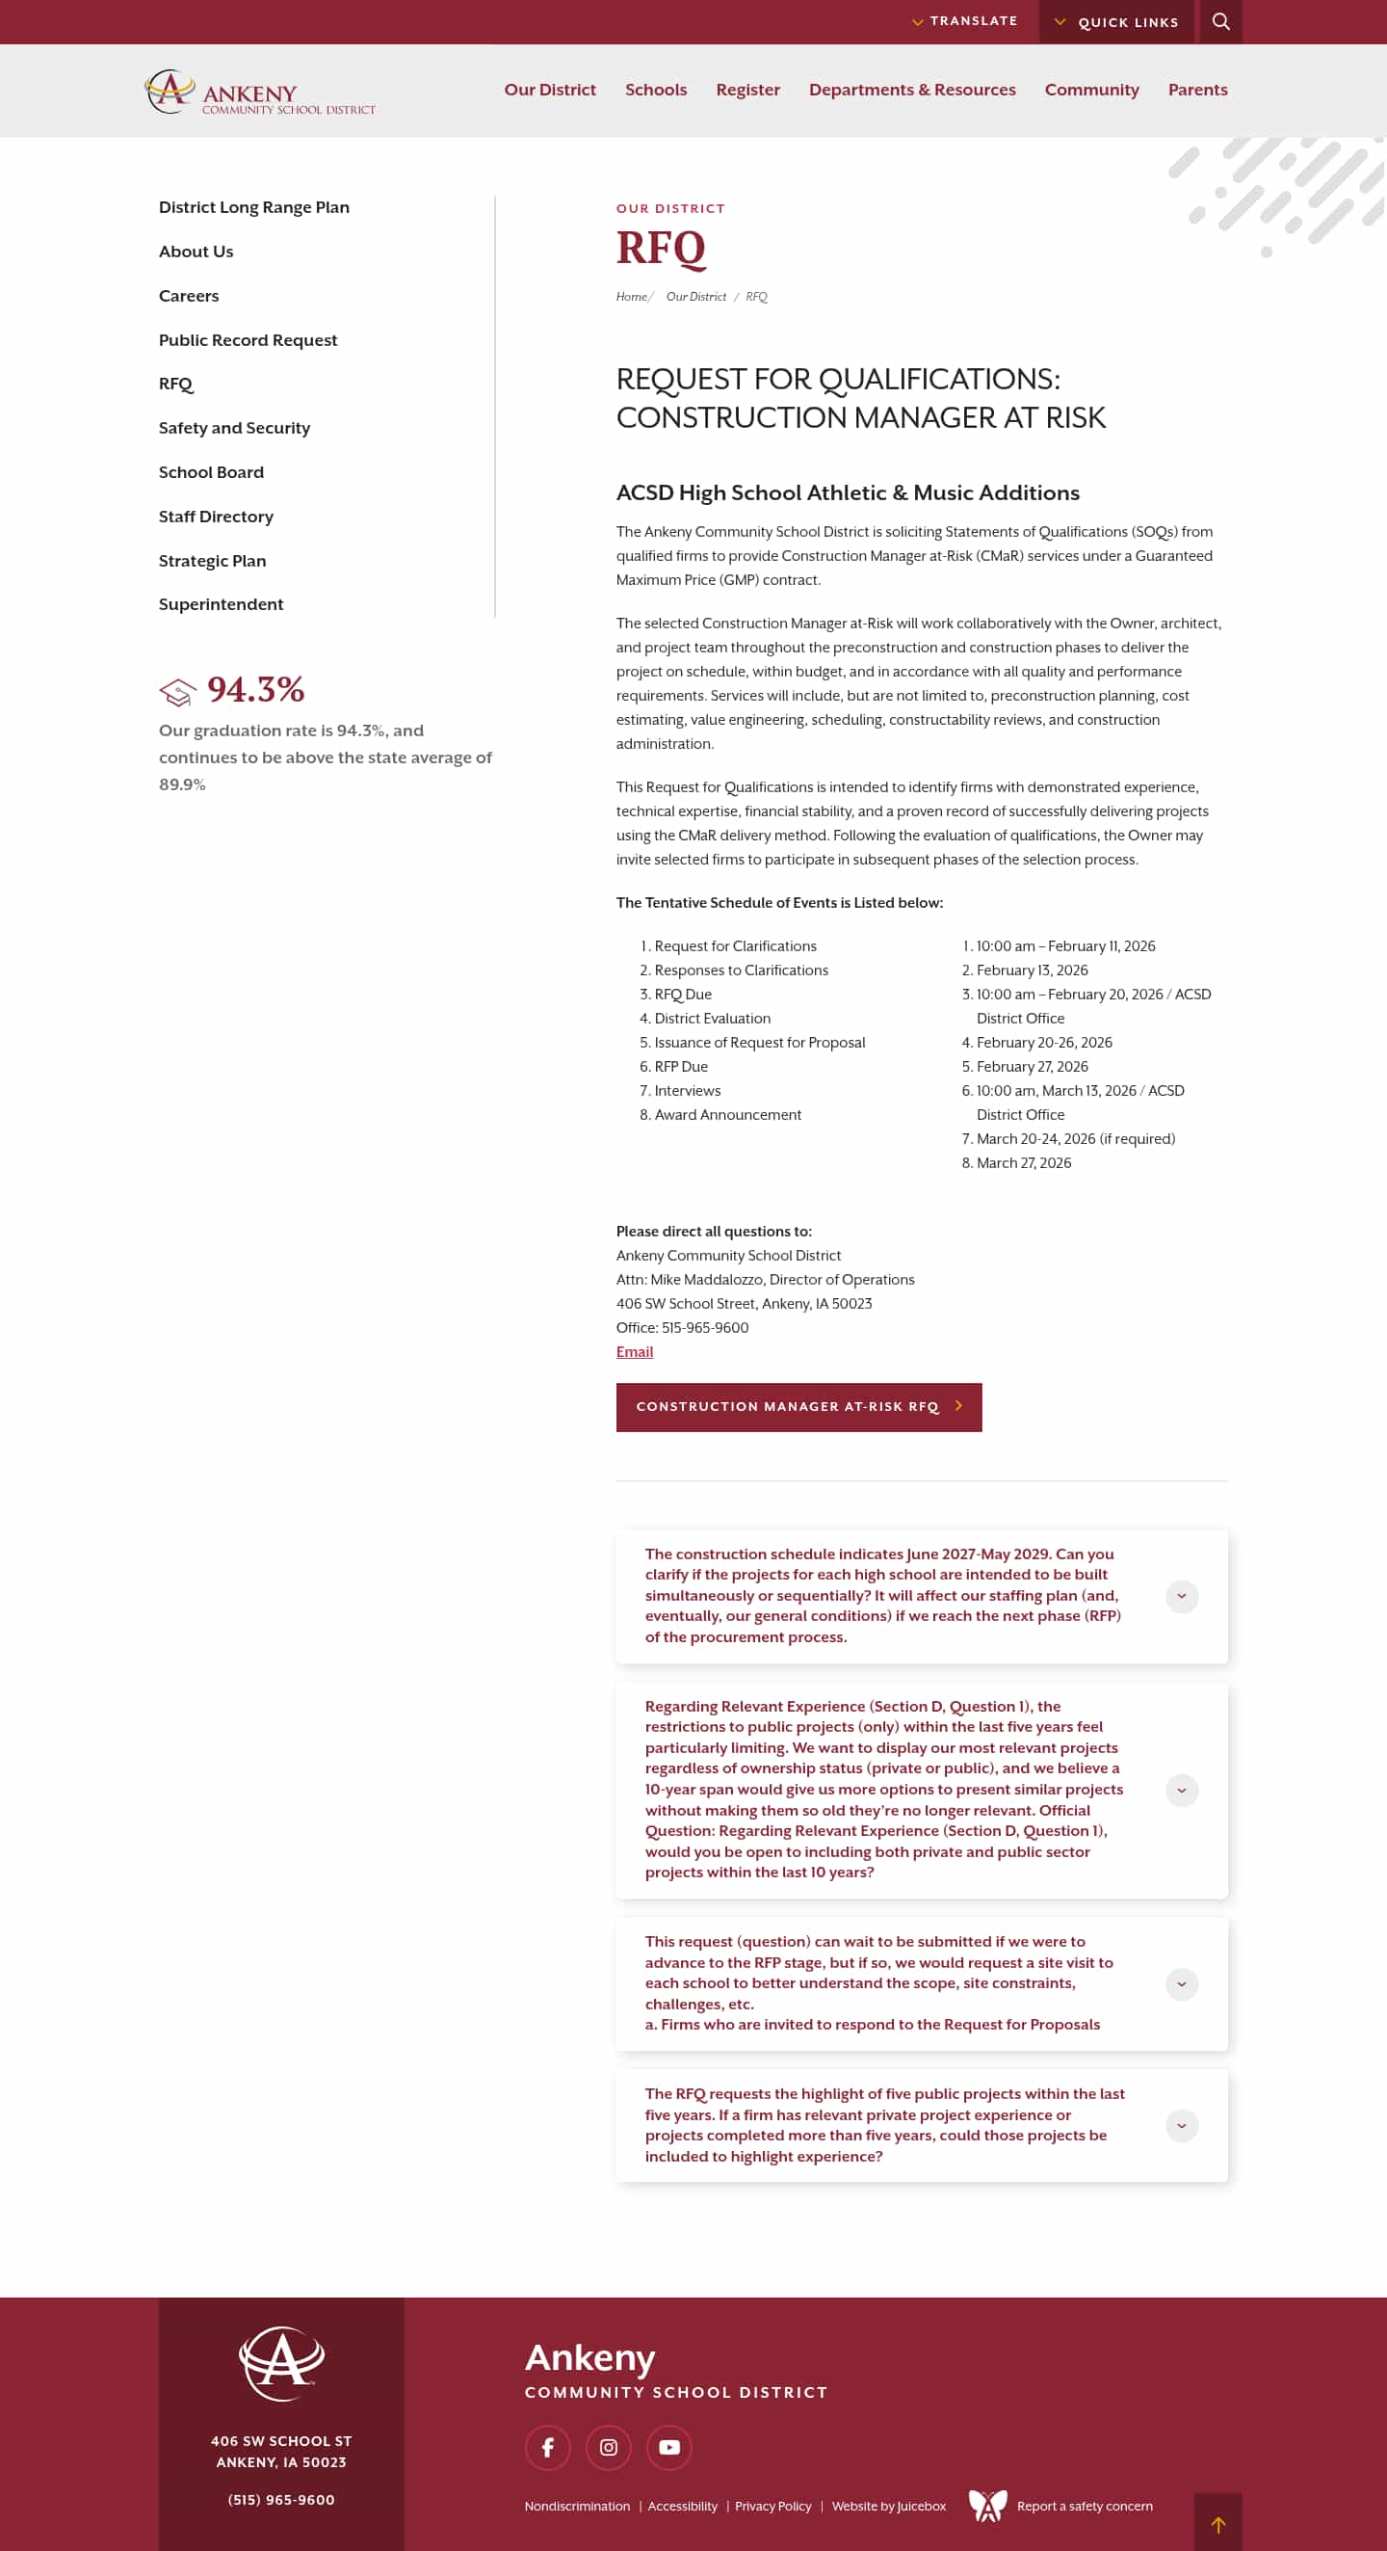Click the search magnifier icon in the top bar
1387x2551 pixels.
click(x=1220, y=22)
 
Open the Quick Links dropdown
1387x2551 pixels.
click(x=1116, y=22)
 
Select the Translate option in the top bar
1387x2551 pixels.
click(x=965, y=21)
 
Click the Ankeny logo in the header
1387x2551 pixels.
click(x=259, y=93)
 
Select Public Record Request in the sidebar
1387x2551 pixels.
click(x=248, y=339)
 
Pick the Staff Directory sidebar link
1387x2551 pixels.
click(x=216, y=516)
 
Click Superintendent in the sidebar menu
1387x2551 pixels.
click(x=221, y=604)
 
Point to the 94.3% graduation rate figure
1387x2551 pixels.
click(x=255, y=689)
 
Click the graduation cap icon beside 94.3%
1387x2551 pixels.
click(x=178, y=692)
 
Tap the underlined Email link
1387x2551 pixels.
click(x=634, y=1352)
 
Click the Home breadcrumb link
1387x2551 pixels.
click(x=631, y=297)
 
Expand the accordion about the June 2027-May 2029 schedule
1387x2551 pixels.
click(x=1181, y=1595)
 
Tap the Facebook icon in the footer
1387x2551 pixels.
click(x=547, y=2447)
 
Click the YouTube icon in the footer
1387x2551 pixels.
click(x=669, y=2447)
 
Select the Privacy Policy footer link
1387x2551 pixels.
click(x=772, y=2506)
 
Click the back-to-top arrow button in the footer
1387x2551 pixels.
click(x=1217, y=2524)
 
